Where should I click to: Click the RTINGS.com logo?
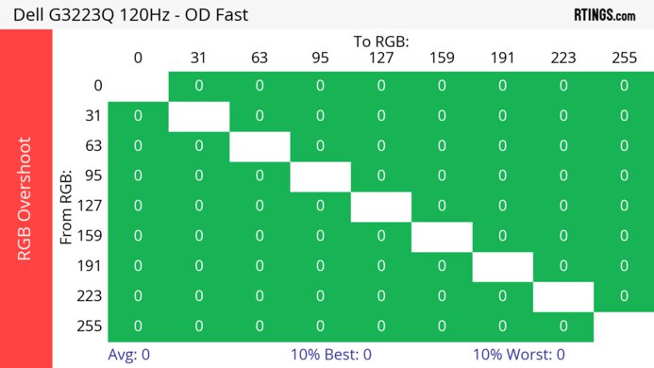coord(604,14)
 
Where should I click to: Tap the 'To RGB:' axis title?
coord(380,42)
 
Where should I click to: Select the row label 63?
coord(92,146)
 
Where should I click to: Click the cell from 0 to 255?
coord(624,86)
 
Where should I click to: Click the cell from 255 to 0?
coord(138,326)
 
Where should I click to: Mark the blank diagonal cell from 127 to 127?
coord(380,206)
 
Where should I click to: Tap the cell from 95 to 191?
coord(502,176)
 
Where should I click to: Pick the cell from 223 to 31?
coord(198,296)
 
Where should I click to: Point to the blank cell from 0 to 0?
coord(138,86)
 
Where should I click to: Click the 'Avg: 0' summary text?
coord(130,355)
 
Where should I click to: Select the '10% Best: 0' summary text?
coord(331,355)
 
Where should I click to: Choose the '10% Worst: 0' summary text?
coord(518,355)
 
